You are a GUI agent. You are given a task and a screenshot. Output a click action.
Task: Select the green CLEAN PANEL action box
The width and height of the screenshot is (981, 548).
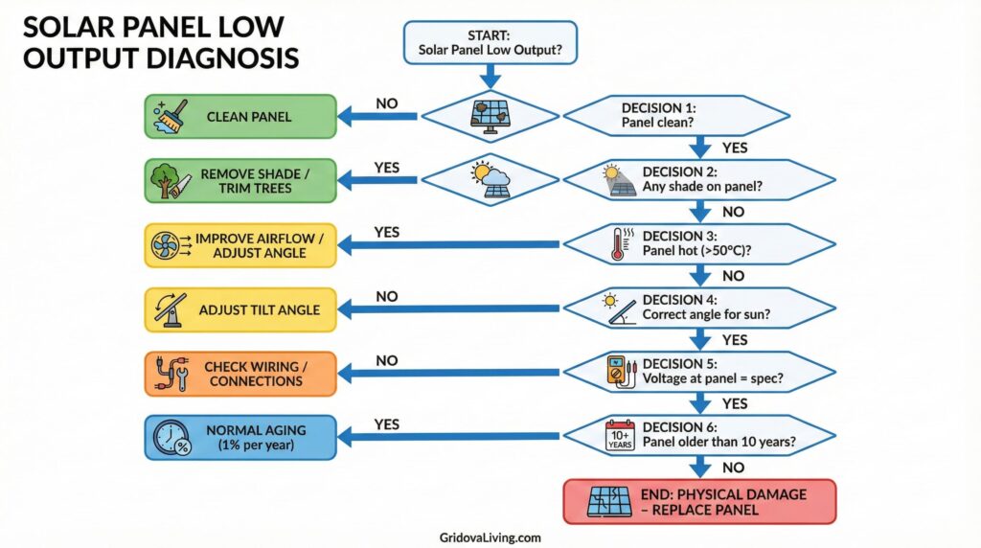pyautogui.click(x=240, y=117)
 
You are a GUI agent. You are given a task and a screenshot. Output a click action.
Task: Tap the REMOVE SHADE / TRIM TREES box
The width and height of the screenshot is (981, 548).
pyautogui.click(x=240, y=181)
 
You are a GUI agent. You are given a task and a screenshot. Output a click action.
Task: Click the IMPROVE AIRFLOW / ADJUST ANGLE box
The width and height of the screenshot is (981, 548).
pyautogui.click(x=240, y=245)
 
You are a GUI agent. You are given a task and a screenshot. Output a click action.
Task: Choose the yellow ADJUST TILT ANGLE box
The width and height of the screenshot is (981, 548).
pyautogui.click(x=240, y=309)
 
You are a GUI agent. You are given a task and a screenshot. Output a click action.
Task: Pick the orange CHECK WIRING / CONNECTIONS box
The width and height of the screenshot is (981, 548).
pyautogui.click(x=240, y=374)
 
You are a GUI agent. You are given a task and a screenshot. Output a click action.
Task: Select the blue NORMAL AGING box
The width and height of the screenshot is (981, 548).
pyautogui.click(x=240, y=438)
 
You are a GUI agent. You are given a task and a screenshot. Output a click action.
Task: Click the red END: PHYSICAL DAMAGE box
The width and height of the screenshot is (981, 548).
pyautogui.click(x=699, y=501)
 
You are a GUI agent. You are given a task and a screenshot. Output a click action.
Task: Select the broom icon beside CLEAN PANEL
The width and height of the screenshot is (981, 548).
pyautogui.click(x=168, y=116)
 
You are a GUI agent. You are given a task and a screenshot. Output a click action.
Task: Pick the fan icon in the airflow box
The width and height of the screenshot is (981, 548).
pyautogui.click(x=166, y=245)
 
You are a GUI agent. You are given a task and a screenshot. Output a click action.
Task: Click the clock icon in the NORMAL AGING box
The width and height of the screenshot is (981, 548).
pyautogui.click(x=170, y=438)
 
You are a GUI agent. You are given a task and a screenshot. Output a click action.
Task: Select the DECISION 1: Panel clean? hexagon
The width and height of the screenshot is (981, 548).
pyautogui.click(x=676, y=116)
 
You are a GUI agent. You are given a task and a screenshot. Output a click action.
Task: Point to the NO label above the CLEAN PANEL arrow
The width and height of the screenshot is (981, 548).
pyautogui.click(x=387, y=103)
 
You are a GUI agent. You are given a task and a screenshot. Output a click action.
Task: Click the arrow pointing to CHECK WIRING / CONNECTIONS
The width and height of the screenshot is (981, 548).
pyautogui.click(x=450, y=374)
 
